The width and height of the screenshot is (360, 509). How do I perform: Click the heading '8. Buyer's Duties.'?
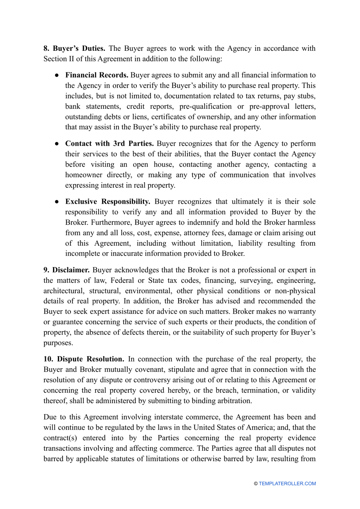click(x=74, y=49)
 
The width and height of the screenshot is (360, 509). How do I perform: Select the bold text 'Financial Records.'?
click(x=97, y=75)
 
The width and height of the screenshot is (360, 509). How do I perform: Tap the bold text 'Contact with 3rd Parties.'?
click(x=109, y=144)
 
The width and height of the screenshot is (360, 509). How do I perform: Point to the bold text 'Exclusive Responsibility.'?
click(x=108, y=202)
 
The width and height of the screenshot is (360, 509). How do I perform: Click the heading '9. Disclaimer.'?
click(x=66, y=270)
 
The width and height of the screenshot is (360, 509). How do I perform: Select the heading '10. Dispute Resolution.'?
click(x=84, y=359)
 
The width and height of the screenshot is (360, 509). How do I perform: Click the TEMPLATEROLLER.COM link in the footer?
click(x=287, y=484)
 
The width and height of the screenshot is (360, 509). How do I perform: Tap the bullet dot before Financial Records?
click(x=56, y=75)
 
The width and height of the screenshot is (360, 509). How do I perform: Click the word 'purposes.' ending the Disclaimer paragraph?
click(x=58, y=343)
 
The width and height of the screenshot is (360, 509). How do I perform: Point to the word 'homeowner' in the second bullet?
click(x=83, y=175)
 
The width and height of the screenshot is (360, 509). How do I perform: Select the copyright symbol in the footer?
click(x=256, y=484)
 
